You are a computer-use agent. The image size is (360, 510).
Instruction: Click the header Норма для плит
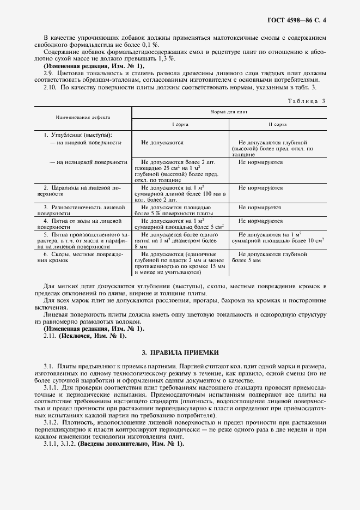click(x=229, y=111)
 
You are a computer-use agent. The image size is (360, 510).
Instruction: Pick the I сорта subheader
click(x=180, y=124)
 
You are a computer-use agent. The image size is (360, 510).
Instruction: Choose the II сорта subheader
click(x=277, y=124)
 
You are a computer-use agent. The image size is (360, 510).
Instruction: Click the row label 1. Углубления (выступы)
click(x=77, y=134)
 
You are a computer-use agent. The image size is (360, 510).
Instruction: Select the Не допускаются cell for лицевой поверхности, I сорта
click(x=162, y=142)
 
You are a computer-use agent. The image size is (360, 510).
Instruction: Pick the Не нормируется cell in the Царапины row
click(x=260, y=187)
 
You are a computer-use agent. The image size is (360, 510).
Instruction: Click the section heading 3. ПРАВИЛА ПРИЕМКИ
click(x=180, y=353)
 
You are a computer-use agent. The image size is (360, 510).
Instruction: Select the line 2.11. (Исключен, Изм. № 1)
click(x=84, y=336)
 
